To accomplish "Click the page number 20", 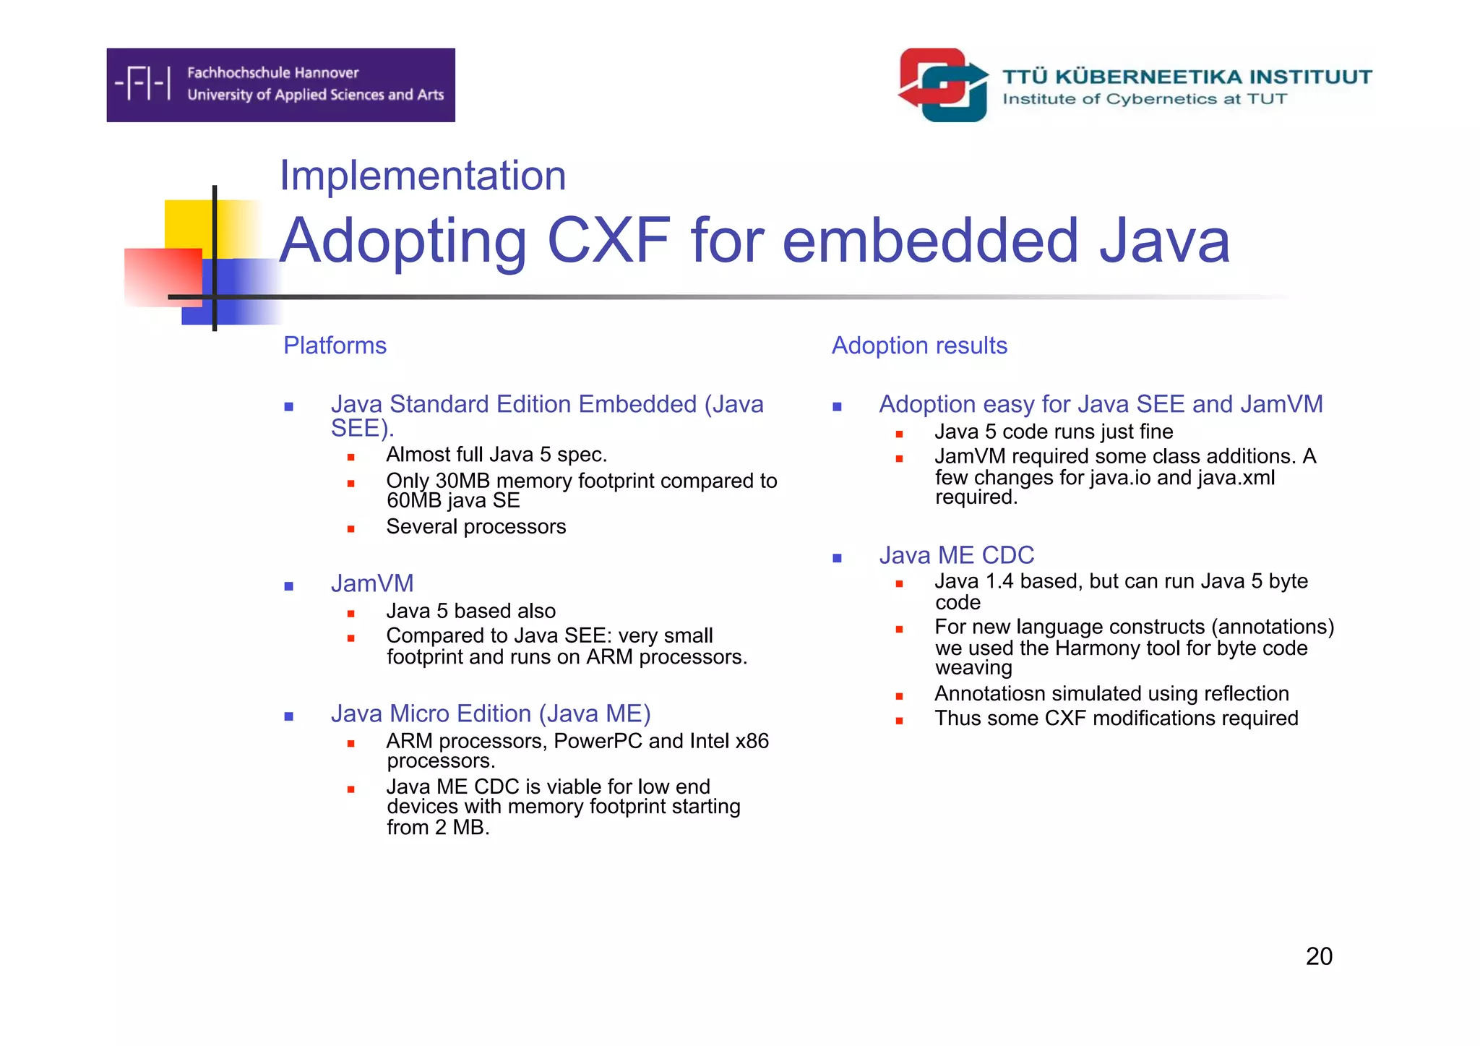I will (1319, 956).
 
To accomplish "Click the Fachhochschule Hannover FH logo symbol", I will (143, 83).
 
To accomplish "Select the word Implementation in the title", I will (423, 176).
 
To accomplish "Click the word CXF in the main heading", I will (608, 241).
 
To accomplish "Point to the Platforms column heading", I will (335, 346).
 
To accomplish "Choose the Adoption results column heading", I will (919, 346).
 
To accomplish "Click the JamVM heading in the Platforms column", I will (372, 583).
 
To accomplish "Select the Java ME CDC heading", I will (956, 555).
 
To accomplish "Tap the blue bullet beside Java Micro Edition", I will (289, 716).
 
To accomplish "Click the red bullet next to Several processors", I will (350, 529).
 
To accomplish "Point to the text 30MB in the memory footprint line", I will (462, 481).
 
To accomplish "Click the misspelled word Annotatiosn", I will (989, 694).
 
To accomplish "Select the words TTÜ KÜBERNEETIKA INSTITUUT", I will (1187, 77).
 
